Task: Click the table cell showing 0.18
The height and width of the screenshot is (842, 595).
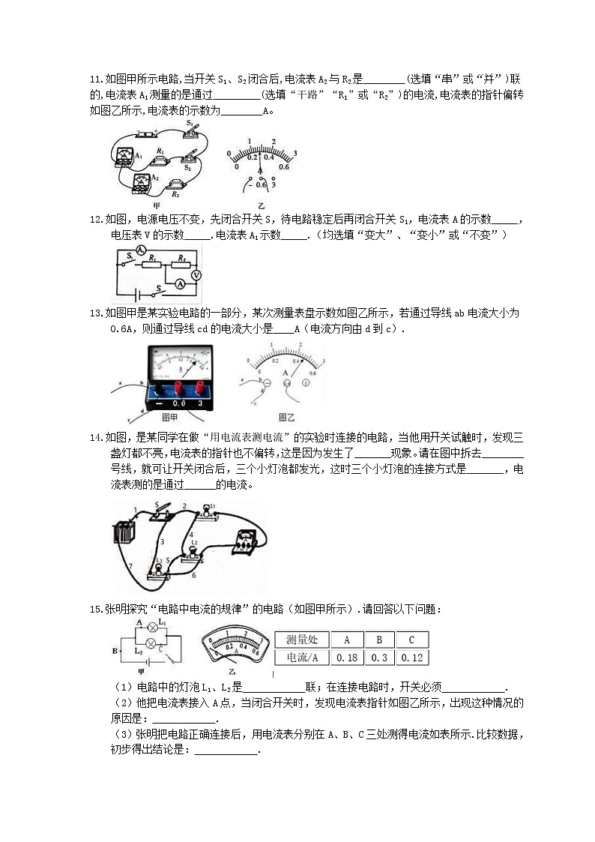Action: point(347,658)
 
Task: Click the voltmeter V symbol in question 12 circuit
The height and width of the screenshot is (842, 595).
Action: point(196,275)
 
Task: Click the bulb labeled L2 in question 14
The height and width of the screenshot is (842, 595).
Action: point(194,551)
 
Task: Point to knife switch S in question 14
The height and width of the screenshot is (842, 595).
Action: point(161,514)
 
